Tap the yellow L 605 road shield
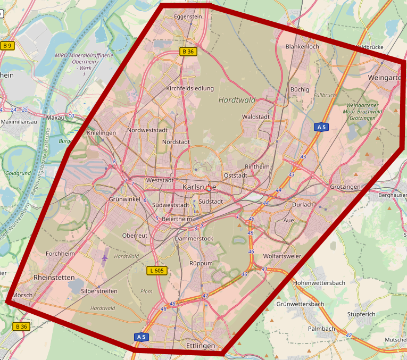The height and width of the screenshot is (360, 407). (x=157, y=271)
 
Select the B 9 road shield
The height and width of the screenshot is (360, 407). (x=7, y=46)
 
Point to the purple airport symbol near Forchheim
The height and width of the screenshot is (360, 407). (x=104, y=258)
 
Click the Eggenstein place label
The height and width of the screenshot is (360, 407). (x=188, y=17)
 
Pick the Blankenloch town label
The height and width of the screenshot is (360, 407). (x=302, y=47)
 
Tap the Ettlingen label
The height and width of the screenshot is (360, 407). (x=201, y=346)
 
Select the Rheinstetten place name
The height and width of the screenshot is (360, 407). (x=54, y=278)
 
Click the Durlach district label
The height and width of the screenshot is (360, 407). (x=303, y=205)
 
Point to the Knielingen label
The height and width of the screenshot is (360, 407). (x=101, y=132)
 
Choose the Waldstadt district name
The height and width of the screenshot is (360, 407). (x=255, y=116)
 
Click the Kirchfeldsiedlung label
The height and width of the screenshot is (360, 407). (x=190, y=88)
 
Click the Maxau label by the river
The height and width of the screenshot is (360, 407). (x=55, y=117)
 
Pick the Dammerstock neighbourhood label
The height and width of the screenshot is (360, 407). (x=194, y=239)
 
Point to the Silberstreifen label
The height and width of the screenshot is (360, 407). (x=99, y=291)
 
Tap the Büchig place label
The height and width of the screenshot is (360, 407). (x=300, y=89)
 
